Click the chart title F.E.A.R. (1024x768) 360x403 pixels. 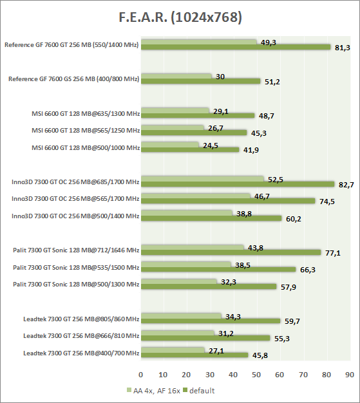click(x=180, y=17)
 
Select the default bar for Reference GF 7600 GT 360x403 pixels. click(x=236, y=47)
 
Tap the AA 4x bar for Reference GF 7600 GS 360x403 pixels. click(x=176, y=76)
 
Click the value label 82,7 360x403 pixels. click(x=346, y=185)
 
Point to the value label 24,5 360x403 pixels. click(x=211, y=145)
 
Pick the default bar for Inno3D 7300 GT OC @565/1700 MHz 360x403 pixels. click(x=228, y=201)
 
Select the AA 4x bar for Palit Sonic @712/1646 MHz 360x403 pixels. click(x=193, y=247)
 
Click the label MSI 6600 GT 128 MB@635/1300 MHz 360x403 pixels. click(x=86, y=113)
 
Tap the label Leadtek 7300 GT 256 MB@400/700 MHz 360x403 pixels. click(x=81, y=353)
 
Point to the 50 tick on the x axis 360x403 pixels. click(x=256, y=375)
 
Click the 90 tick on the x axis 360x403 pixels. click(x=350, y=375)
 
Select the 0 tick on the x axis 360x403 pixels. click(x=140, y=375)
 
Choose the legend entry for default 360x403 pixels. click(x=199, y=391)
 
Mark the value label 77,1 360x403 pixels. click(x=333, y=253)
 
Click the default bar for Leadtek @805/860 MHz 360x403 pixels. click(x=211, y=321)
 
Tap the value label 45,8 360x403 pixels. click(x=260, y=355)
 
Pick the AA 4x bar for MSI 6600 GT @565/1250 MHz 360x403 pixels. click(x=173, y=127)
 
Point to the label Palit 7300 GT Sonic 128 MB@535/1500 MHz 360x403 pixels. click(x=76, y=268)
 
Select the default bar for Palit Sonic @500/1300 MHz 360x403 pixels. click(x=209, y=286)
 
